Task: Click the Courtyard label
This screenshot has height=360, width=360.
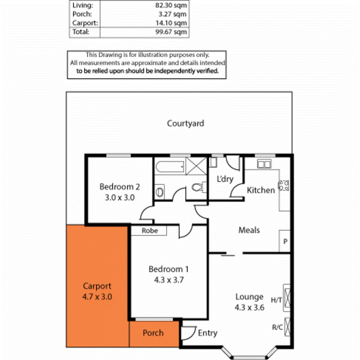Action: pyautogui.click(x=185, y=124)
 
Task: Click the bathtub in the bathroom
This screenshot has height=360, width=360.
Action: pyautogui.click(x=170, y=167)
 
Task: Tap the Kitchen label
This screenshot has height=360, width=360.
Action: pyautogui.click(x=261, y=190)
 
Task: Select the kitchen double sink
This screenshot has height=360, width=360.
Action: pyautogui.click(x=264, y=164)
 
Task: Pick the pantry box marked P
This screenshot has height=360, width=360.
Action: pyautogui.click(x=285, y=242)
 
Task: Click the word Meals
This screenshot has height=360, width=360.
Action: pyautogui.click(x=249, y=230)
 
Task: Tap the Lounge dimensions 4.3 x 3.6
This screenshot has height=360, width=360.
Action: pyautogui.click(x=250, y=308)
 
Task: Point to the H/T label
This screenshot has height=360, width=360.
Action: pyautogui.click(x=276, y=300)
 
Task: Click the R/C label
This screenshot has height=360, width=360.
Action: pyautogui.click(x=277, y=328)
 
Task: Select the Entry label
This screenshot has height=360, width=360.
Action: pyautogui.click(x=207, y=333)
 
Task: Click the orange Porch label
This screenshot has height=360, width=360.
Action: pyautogui.click(x=153, y=333)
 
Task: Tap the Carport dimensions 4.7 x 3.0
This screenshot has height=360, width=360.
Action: pyautogui.click(x=97, y=297)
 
